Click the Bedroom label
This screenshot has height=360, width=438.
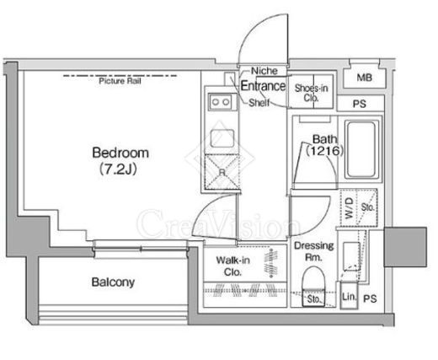pos(120,153)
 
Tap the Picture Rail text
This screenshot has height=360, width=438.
pos(120,81)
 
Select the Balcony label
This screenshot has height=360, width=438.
pos(113,282)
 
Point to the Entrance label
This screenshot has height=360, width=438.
pos(263,86)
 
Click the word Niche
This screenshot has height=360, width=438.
pos(264,71)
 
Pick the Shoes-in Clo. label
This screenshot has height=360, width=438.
pos(311,93)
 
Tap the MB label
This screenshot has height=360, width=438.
pos(365,78)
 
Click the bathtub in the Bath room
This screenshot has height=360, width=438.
pos(361,149)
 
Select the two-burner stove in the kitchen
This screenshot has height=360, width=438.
pos(221,102)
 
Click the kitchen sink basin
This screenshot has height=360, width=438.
pos(222,138)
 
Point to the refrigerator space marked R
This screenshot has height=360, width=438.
pos(222,172)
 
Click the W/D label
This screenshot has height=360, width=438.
pos(349,208)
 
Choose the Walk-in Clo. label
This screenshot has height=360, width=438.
pos(232,266)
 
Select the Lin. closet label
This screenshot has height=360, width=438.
pos(349,297)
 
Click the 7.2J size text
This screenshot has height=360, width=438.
pos(119,169)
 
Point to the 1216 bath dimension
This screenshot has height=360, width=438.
pos(324,151)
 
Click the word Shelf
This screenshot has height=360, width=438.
pos(259,103)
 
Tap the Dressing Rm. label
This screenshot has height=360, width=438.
pos(313,251)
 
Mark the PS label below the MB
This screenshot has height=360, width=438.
pos(360,104)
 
